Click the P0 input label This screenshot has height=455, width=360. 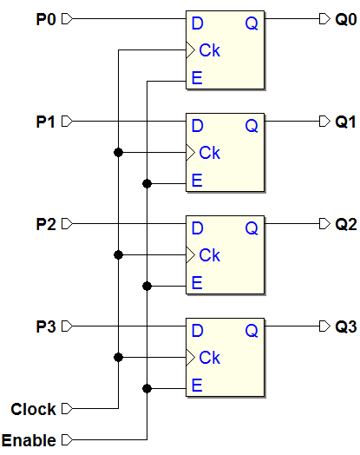click(x=46, y=19)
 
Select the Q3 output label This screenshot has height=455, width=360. click(x=346, y=326)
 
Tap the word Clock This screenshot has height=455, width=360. click(x=33, y=409)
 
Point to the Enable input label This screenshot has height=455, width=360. click(x=29, y=440)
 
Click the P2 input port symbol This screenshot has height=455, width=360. click(x=67, y=224)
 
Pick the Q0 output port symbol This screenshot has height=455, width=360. click(x=324, y=19)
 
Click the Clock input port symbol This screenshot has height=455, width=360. click(x=67, y=409)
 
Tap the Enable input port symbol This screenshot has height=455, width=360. click(x=67, y=439)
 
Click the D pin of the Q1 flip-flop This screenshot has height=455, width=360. click(x=198, y=126)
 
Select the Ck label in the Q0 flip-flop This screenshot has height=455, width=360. click(x=210, y=50)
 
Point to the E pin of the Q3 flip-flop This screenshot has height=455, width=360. click(x=197, y=385)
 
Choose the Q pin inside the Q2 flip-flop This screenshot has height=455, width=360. click(x=252, y=228)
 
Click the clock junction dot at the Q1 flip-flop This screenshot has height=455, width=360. click(x=118, y=152)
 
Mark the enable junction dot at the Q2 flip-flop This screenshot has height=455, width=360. click(x=147, y=287)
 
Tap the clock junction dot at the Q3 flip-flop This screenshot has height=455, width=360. click(x=118, y=357)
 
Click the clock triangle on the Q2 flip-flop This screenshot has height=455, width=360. click(x=190, y=255)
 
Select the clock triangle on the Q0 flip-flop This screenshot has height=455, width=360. click(x=190, y=50)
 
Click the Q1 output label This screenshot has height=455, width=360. click(x=345, y=122)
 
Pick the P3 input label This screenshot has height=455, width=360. click(x=46, y=326)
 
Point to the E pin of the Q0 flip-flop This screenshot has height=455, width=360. click(x=197, y=78)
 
